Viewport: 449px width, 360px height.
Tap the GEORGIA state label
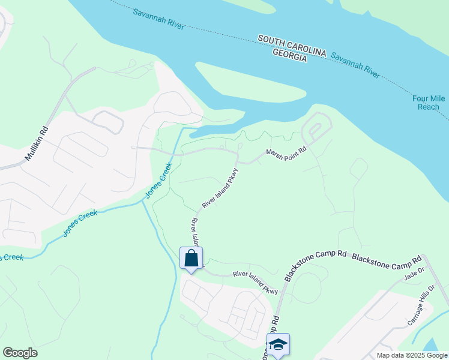tap(289, 55)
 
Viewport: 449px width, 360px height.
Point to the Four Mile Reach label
tap(428, 102)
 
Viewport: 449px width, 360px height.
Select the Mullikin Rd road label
tap(36, 144)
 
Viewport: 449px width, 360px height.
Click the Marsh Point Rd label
tap(286, 153)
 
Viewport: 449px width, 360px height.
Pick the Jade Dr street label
tap(414, 275)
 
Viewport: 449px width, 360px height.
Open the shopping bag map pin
tap(191, 259)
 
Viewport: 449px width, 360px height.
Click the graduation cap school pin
tap(278, 344)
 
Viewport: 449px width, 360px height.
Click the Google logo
tap(20, 352)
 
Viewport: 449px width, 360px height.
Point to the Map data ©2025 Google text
tap(412, 355)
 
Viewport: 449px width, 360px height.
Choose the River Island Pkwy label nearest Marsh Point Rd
tap(220, 188)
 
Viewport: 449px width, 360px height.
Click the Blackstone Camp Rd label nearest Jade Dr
tap(387, 259)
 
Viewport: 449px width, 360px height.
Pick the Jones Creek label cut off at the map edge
tap(11, 257)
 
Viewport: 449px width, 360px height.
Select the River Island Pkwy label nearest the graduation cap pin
tap(255, 282)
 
